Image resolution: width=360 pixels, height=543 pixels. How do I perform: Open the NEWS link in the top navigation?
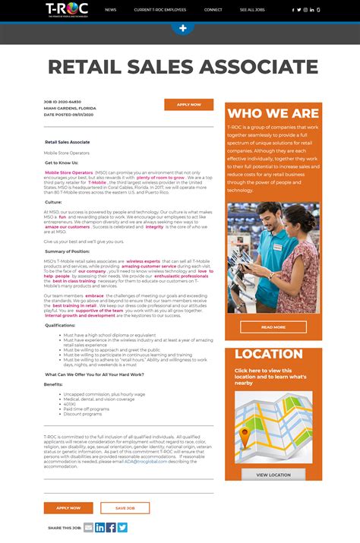(x=111, y=10)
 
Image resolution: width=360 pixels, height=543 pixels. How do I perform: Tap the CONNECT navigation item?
(x=213, y=10)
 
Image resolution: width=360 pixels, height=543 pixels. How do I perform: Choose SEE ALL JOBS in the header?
(x=252, y=10)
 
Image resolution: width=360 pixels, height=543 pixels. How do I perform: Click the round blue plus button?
(x=182, y=28)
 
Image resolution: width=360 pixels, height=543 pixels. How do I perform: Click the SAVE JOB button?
(x=125, y=507)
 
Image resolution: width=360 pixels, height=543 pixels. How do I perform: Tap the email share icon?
(x=88, y=527)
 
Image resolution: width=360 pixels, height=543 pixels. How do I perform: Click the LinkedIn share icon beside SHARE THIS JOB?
(x=99, y=527)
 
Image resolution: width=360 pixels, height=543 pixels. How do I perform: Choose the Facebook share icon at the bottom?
(x=111, y=527)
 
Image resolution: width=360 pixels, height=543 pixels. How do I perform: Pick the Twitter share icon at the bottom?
(x=122, y=527)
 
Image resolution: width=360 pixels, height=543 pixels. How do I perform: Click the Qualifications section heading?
(x=60, y=324)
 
